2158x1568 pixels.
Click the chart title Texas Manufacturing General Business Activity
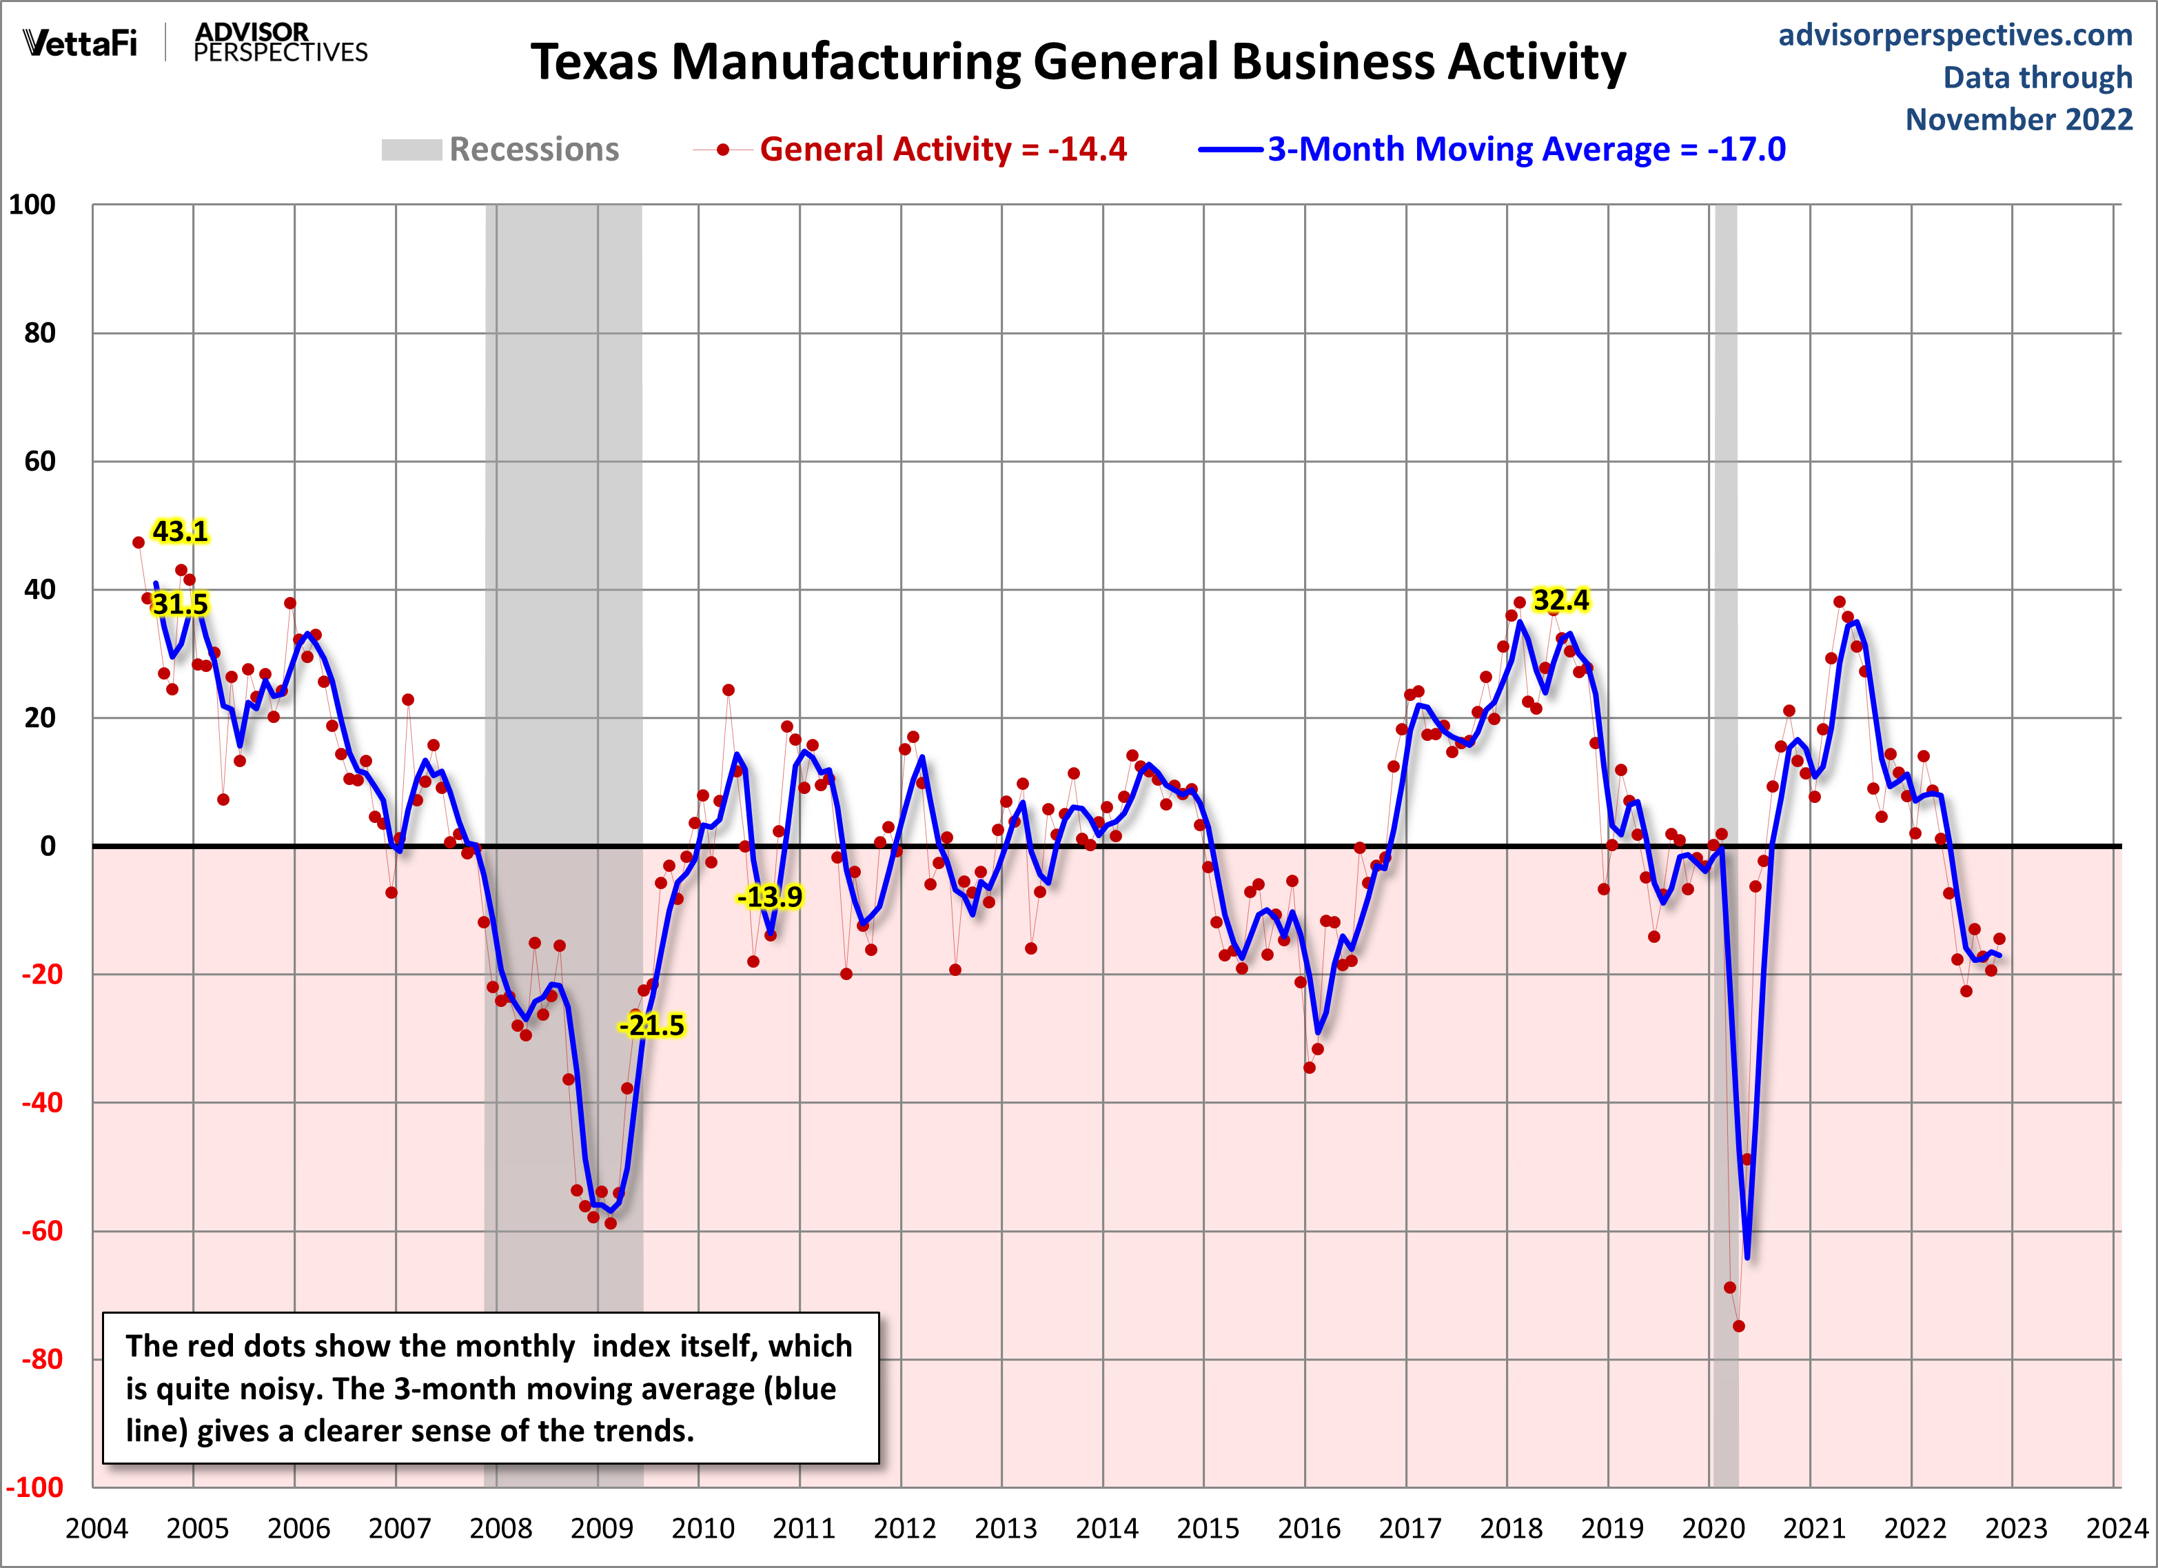pos(1078,63)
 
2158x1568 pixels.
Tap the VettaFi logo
pos(81,43)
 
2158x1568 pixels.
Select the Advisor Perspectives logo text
pos(280,43)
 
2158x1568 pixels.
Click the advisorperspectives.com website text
pos(1955,35)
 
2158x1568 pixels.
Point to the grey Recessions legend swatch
pos(411,150)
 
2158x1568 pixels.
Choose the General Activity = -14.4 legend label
pos(943,150)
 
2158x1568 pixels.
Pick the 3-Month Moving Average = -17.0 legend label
pos(1526,150)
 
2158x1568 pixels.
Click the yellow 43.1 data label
pos(180,531)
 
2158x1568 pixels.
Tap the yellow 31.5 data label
pos(180,604)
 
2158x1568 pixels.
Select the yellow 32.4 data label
pos(1560,600)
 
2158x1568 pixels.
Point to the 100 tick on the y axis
pos(32,205)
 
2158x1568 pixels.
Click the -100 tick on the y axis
pos(35,1487)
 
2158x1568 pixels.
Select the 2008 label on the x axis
pos(500,1529)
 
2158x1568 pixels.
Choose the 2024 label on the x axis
pos(2117,1529)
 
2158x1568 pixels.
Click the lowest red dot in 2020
pos(1738,1326)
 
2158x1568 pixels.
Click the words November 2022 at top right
pos(2018,120)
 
